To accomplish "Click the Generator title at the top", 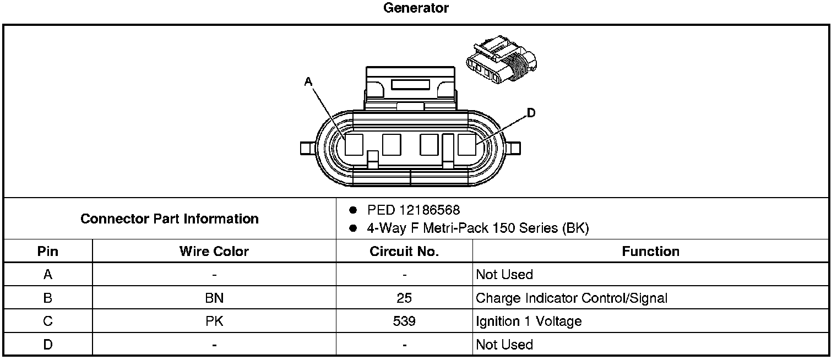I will tap(416, 8).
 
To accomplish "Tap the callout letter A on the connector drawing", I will tap(308, 82).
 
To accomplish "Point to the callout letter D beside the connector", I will tap(531, 113).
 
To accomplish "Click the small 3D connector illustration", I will tap(501, 61).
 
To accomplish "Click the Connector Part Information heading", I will tap(170, 219).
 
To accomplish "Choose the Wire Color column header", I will tap(214, 252).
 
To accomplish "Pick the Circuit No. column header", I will tap(404, 252).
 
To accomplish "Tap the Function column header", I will tap(650, 252).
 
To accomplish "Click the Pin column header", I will tap(48, 252).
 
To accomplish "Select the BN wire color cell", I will tap(214, 298).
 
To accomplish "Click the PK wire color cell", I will tap(214, 321).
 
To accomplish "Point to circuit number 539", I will tap(404, 321).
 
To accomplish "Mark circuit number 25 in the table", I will tap(404, 298).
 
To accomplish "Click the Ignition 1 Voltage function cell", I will tap(529, 321).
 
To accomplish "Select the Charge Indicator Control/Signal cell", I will tap(572, 298).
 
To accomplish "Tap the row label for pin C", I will tap(48, 321).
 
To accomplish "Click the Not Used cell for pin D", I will tap(504, 345).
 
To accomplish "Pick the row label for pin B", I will tap(48, 298).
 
